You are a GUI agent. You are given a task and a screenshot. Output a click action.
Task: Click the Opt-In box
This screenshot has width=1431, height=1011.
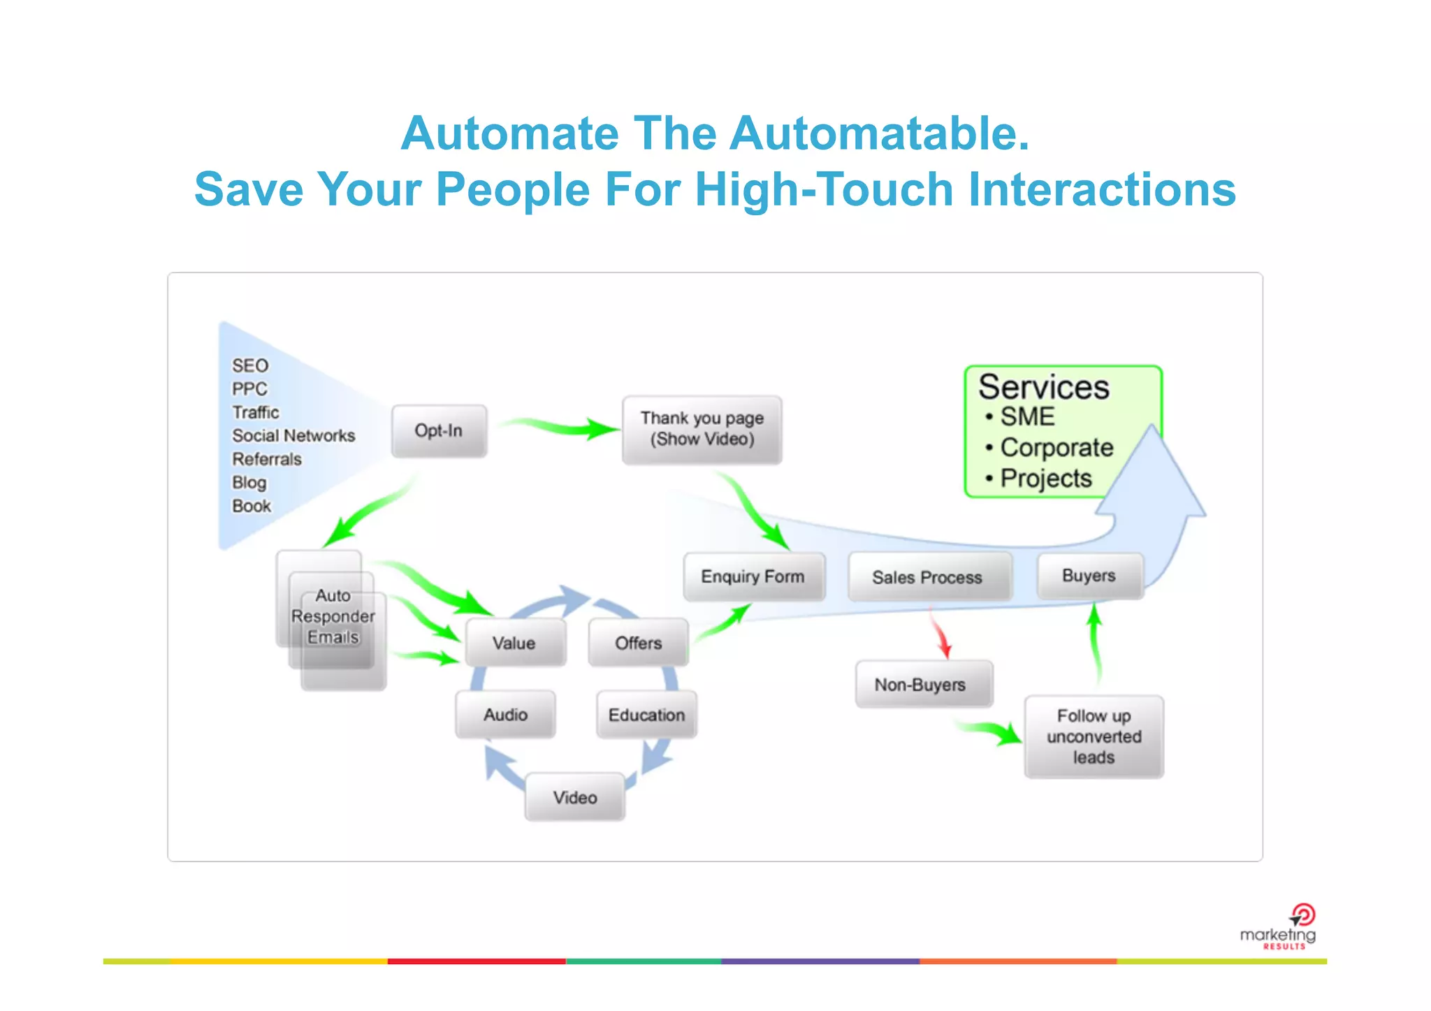(x=439, y=430)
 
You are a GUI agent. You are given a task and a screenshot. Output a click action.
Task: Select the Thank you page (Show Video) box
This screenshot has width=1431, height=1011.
(x=702, y=429)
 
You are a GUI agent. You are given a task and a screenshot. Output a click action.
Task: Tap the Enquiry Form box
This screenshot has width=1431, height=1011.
(x=753, y=576)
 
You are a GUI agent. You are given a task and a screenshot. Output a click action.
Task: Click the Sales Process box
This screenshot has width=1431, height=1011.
(x=929, y=577)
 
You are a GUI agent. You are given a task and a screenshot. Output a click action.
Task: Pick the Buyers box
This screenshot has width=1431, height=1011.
(x=1089, y=576)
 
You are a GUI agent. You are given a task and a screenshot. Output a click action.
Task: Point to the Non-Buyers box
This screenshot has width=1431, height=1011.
(x=922, y=684)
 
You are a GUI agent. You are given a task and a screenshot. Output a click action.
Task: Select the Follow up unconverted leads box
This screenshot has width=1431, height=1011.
(x=1094, y=736)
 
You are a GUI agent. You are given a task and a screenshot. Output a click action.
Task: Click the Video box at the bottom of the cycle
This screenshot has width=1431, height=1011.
(x=574, y=797)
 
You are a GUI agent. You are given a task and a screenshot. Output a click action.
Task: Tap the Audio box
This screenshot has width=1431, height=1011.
(x=505, y=714)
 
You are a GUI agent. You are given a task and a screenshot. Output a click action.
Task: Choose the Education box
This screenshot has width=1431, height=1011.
(x=646, y=714)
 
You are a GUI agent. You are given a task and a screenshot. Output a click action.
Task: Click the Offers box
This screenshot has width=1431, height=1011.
(x=638, y=642)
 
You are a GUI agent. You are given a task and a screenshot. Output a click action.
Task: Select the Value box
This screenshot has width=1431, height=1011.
(x=514, y=642)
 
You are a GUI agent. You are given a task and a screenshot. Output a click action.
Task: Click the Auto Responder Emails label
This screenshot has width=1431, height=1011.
(x=333, y=616)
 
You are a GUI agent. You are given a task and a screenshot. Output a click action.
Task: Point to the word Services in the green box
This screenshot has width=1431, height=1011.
(x=1043, y=387)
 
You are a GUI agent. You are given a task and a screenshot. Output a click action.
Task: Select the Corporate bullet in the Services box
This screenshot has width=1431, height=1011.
(x=1056, y=447)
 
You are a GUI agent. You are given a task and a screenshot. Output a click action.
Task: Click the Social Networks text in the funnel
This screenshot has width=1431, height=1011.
(x=293, y=435)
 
